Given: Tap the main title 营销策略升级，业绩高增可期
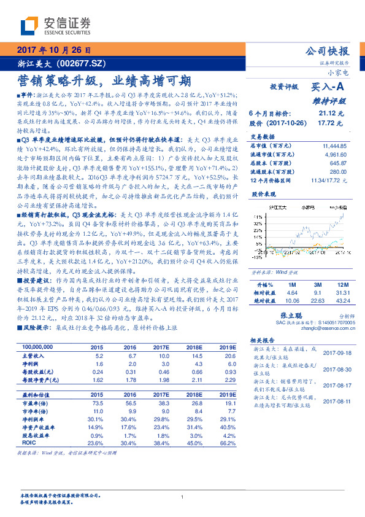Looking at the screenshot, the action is (103, 80).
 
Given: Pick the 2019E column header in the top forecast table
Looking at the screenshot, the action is (226, 347).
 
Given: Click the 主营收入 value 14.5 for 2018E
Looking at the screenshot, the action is (197, 356).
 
